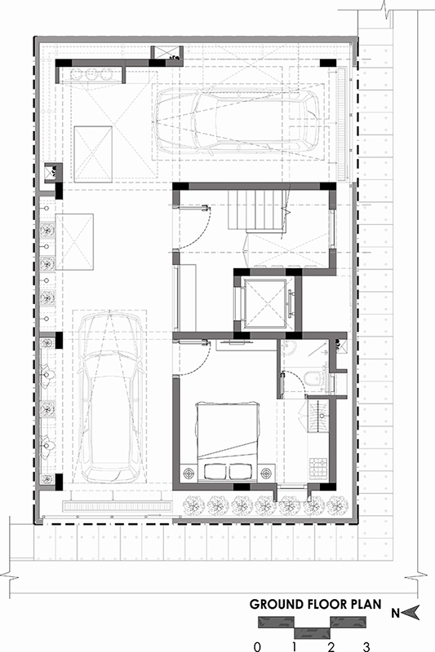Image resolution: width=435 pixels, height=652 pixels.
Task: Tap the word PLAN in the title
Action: point(363,604)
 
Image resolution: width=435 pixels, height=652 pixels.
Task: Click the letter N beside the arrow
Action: point(396,613)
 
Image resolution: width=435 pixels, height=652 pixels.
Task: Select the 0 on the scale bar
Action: point(258,646)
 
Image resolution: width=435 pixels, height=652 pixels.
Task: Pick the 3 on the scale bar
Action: point(366,646)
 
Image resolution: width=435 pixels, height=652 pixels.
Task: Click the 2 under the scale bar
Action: point(331,646)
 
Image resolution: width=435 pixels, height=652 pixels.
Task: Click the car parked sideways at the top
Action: point(237,120)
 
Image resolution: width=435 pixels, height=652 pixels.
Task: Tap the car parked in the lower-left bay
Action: point(110,397)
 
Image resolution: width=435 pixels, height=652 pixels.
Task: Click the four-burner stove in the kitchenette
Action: point(317,467)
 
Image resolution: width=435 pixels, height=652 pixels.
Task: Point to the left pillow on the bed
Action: point(215,472)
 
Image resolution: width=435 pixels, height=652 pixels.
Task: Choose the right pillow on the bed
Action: point(241,472)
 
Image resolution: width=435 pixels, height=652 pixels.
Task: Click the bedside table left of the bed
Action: point(189,473)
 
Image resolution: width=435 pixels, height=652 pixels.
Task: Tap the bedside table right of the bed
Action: point(266,473)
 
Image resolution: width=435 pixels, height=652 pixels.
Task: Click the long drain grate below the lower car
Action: point(117,506)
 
